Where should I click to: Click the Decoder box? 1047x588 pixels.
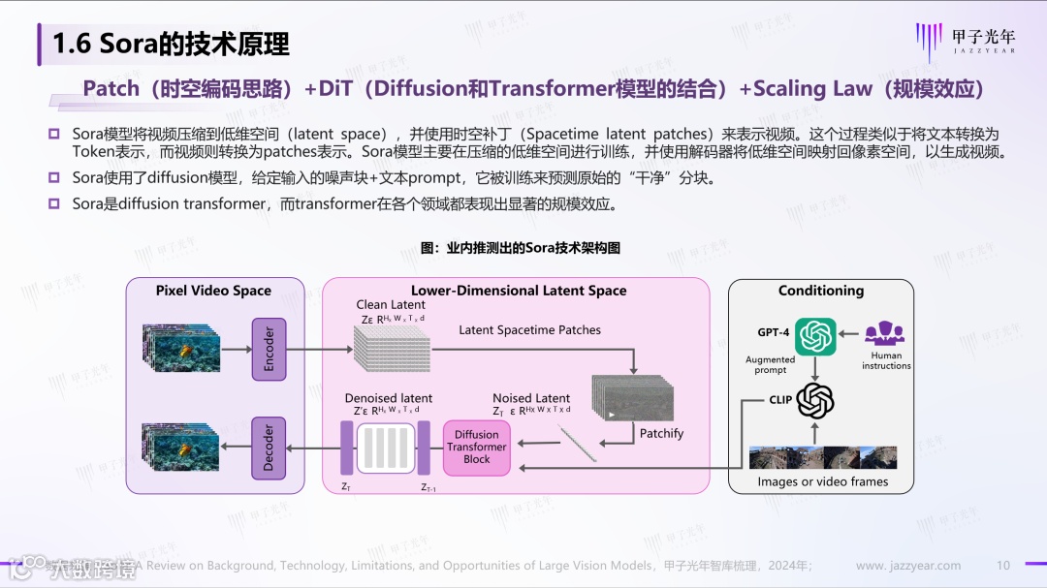[x=270, y=447]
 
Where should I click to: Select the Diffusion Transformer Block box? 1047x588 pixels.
[x=476, y=448]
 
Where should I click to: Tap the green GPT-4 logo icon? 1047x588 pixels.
[x=815, y=336]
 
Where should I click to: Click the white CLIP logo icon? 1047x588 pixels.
[x=815, y=399]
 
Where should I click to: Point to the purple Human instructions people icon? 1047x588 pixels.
[x=884, y=334]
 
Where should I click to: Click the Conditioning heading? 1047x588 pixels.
[x=820, y=291]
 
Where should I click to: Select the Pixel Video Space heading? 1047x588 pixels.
[x=213, y=291]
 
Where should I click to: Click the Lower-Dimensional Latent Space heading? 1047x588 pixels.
[x=519, y=291]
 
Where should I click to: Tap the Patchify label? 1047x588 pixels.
[x=661, y=433]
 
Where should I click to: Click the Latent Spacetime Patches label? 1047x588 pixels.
[x=529, y=330]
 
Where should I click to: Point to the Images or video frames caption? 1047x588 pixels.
[x=822, y=481]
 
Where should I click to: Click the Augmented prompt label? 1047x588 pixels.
[x=771, y=364]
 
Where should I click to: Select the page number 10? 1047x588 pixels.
[x=1003, y=566]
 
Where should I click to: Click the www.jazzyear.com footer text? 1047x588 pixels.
[x=908, y=566]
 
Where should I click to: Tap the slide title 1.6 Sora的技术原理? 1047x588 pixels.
[x=171, y=44]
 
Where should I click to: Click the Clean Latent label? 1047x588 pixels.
[x=391, y=305]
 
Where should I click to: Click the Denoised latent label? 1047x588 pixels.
[x=389, y=398]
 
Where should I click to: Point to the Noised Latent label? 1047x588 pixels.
[x=531, y=398]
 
